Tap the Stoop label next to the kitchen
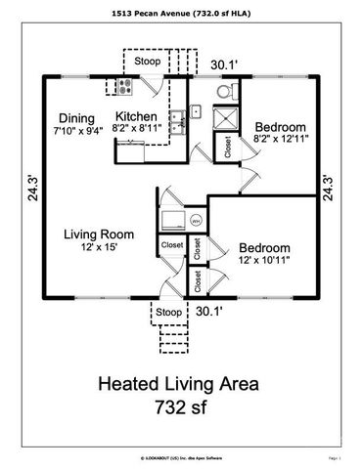[149, 62]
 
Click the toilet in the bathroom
[224, 91]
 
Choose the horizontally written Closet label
[171, 245]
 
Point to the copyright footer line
[181, 456]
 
